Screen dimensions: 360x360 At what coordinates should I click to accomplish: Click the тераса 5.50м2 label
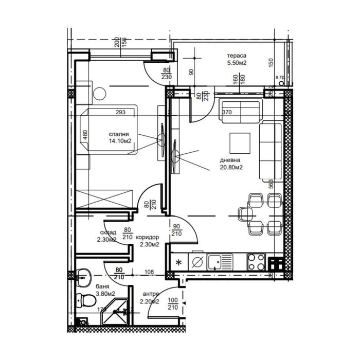[x=237, y=60]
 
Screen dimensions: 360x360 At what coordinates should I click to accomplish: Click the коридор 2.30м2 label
[x=149, y=241]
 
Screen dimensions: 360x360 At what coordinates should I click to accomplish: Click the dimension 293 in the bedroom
[x=120, y=112]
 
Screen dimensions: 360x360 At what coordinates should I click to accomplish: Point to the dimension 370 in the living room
[x=227, y=112]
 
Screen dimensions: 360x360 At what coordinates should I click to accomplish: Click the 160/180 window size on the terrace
[x=239, y=80]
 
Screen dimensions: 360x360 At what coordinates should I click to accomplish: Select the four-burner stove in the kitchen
[x=256, y=262]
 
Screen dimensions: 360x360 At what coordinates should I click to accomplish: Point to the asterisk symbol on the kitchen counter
[x=178, y=263]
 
